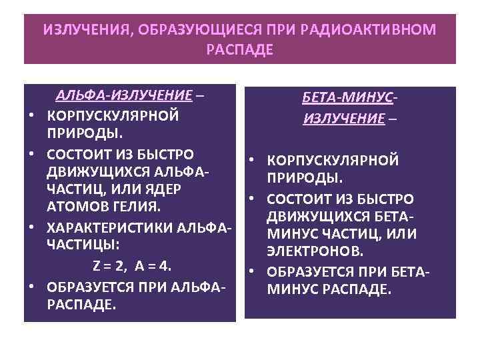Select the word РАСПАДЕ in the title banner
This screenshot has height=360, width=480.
[240, 51]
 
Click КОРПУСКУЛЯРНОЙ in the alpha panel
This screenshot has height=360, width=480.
[113, 115]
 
